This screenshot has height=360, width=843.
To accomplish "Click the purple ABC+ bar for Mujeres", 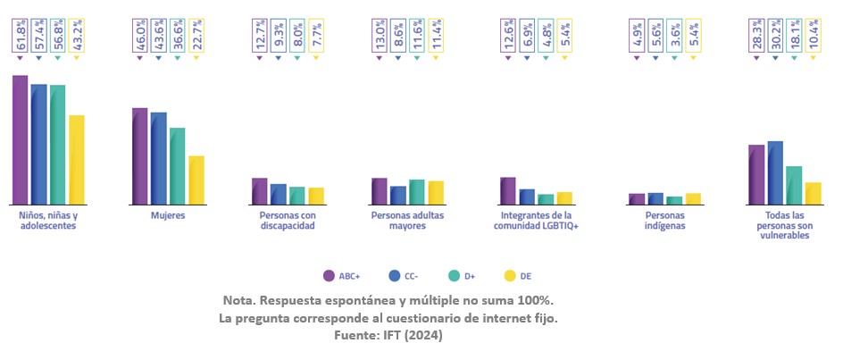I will coord(140,156).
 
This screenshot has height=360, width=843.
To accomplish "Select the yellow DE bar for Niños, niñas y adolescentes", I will coord(77,160).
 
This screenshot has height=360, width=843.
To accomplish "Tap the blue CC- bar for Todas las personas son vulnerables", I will coord(775,173).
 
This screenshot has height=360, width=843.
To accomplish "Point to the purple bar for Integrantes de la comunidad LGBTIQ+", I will coord(508,191).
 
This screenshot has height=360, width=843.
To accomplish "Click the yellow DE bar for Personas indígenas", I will coord(693,199).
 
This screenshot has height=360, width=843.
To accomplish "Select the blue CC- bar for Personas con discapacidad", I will coord(279,195).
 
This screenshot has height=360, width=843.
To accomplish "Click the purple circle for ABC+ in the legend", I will coord(328,276).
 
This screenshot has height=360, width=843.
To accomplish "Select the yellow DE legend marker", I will coord(512,276).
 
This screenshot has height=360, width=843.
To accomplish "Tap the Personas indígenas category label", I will coord(666,222).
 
